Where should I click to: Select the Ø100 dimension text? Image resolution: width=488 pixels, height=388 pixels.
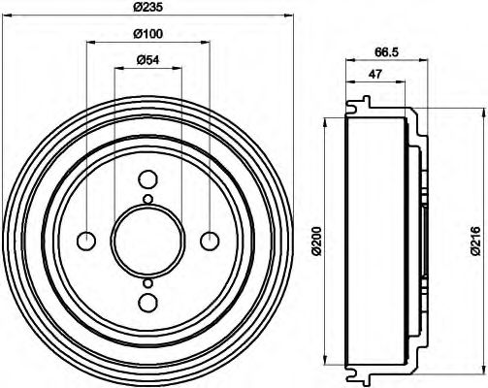click(x=147, y=35)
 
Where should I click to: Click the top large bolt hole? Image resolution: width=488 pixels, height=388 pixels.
click(x=147, y=180)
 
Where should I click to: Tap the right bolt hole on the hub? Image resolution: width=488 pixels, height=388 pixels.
click(x=209, y=241)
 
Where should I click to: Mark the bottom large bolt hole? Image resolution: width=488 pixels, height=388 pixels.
click(x=147, y=302)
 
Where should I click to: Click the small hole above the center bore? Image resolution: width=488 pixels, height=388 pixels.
click(x=147, y=200)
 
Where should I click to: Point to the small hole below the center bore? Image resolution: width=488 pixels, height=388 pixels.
click(x=147, y=282)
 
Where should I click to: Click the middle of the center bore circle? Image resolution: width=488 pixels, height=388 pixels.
click(x=147, y=241)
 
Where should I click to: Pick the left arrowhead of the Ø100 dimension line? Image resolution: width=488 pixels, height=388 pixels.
click(x=90, y=44)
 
